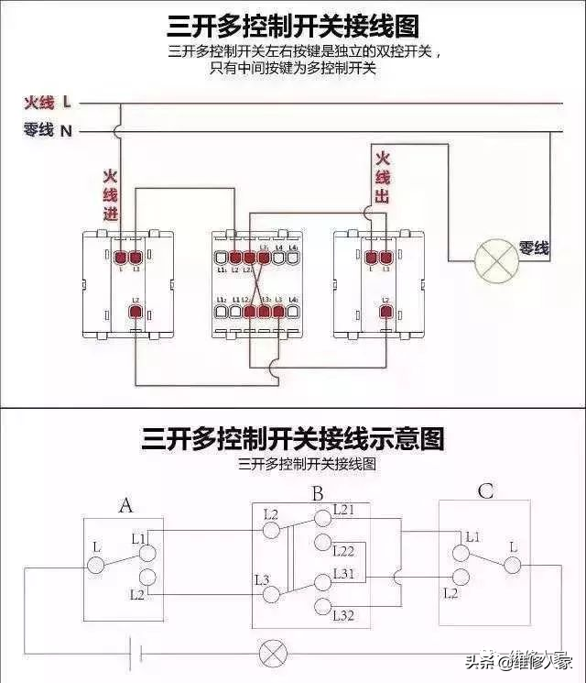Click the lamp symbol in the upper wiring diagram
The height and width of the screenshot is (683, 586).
pos(496,261)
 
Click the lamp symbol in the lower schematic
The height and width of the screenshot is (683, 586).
pos(272,653)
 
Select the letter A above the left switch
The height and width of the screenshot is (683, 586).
pos(126,504)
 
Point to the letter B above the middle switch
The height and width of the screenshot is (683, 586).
pos(317,495)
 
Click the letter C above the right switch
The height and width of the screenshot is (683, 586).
pos(485,492)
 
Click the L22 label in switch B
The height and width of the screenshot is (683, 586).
pos(344,551)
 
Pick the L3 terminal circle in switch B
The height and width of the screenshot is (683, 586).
pos(271,594)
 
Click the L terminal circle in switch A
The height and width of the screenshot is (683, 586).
pos(96,563)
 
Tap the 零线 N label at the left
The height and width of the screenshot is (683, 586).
pos(49,131)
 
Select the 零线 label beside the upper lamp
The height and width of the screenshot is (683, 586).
pos(534,248)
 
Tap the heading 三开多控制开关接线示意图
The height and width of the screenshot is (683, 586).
pos(293,439)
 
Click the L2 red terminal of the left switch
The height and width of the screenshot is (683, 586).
pos(136,313)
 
